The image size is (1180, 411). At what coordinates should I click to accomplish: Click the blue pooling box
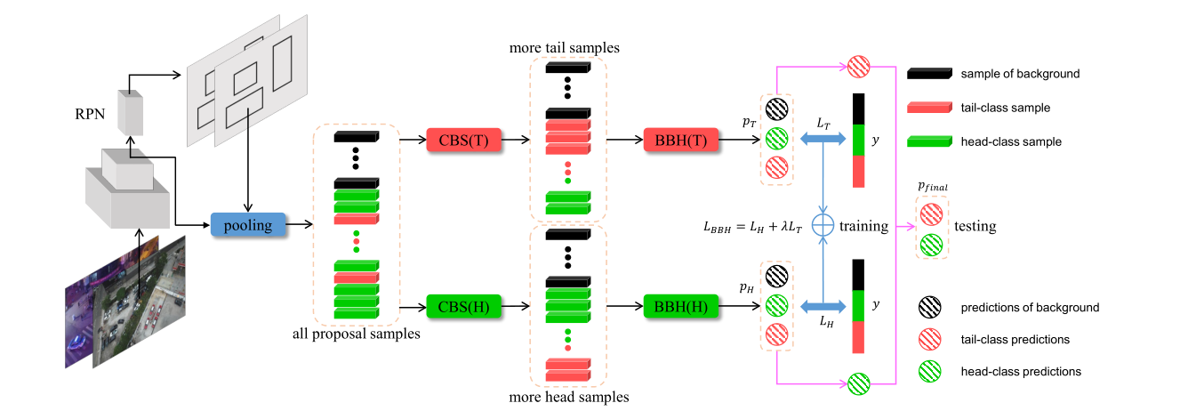pos(248,225)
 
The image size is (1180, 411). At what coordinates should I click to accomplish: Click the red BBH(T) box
pos(680,140)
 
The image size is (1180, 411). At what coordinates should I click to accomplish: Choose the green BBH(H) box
pos(680,307)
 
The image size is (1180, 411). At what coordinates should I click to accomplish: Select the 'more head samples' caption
pos(568,397)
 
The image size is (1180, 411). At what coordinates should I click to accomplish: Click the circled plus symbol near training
pos(824,226)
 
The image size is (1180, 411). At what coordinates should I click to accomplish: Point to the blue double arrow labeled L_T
pos(823,140)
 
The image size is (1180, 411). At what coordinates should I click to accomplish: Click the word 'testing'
pos(975,227)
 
